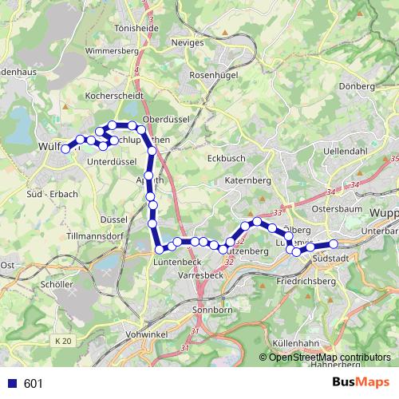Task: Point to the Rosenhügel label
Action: pyautogui.click(x=211, y=75)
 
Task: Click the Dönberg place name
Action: pyautogui.click(x=356, y=85)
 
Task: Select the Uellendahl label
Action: pyautogui.click(x=344, y=150)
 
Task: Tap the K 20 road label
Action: pyautogui.click(x=64, y=341)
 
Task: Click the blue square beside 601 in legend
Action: pyautogui.click(x=13, y=383)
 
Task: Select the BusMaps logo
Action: pyautogui.click(x=361, y=383)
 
